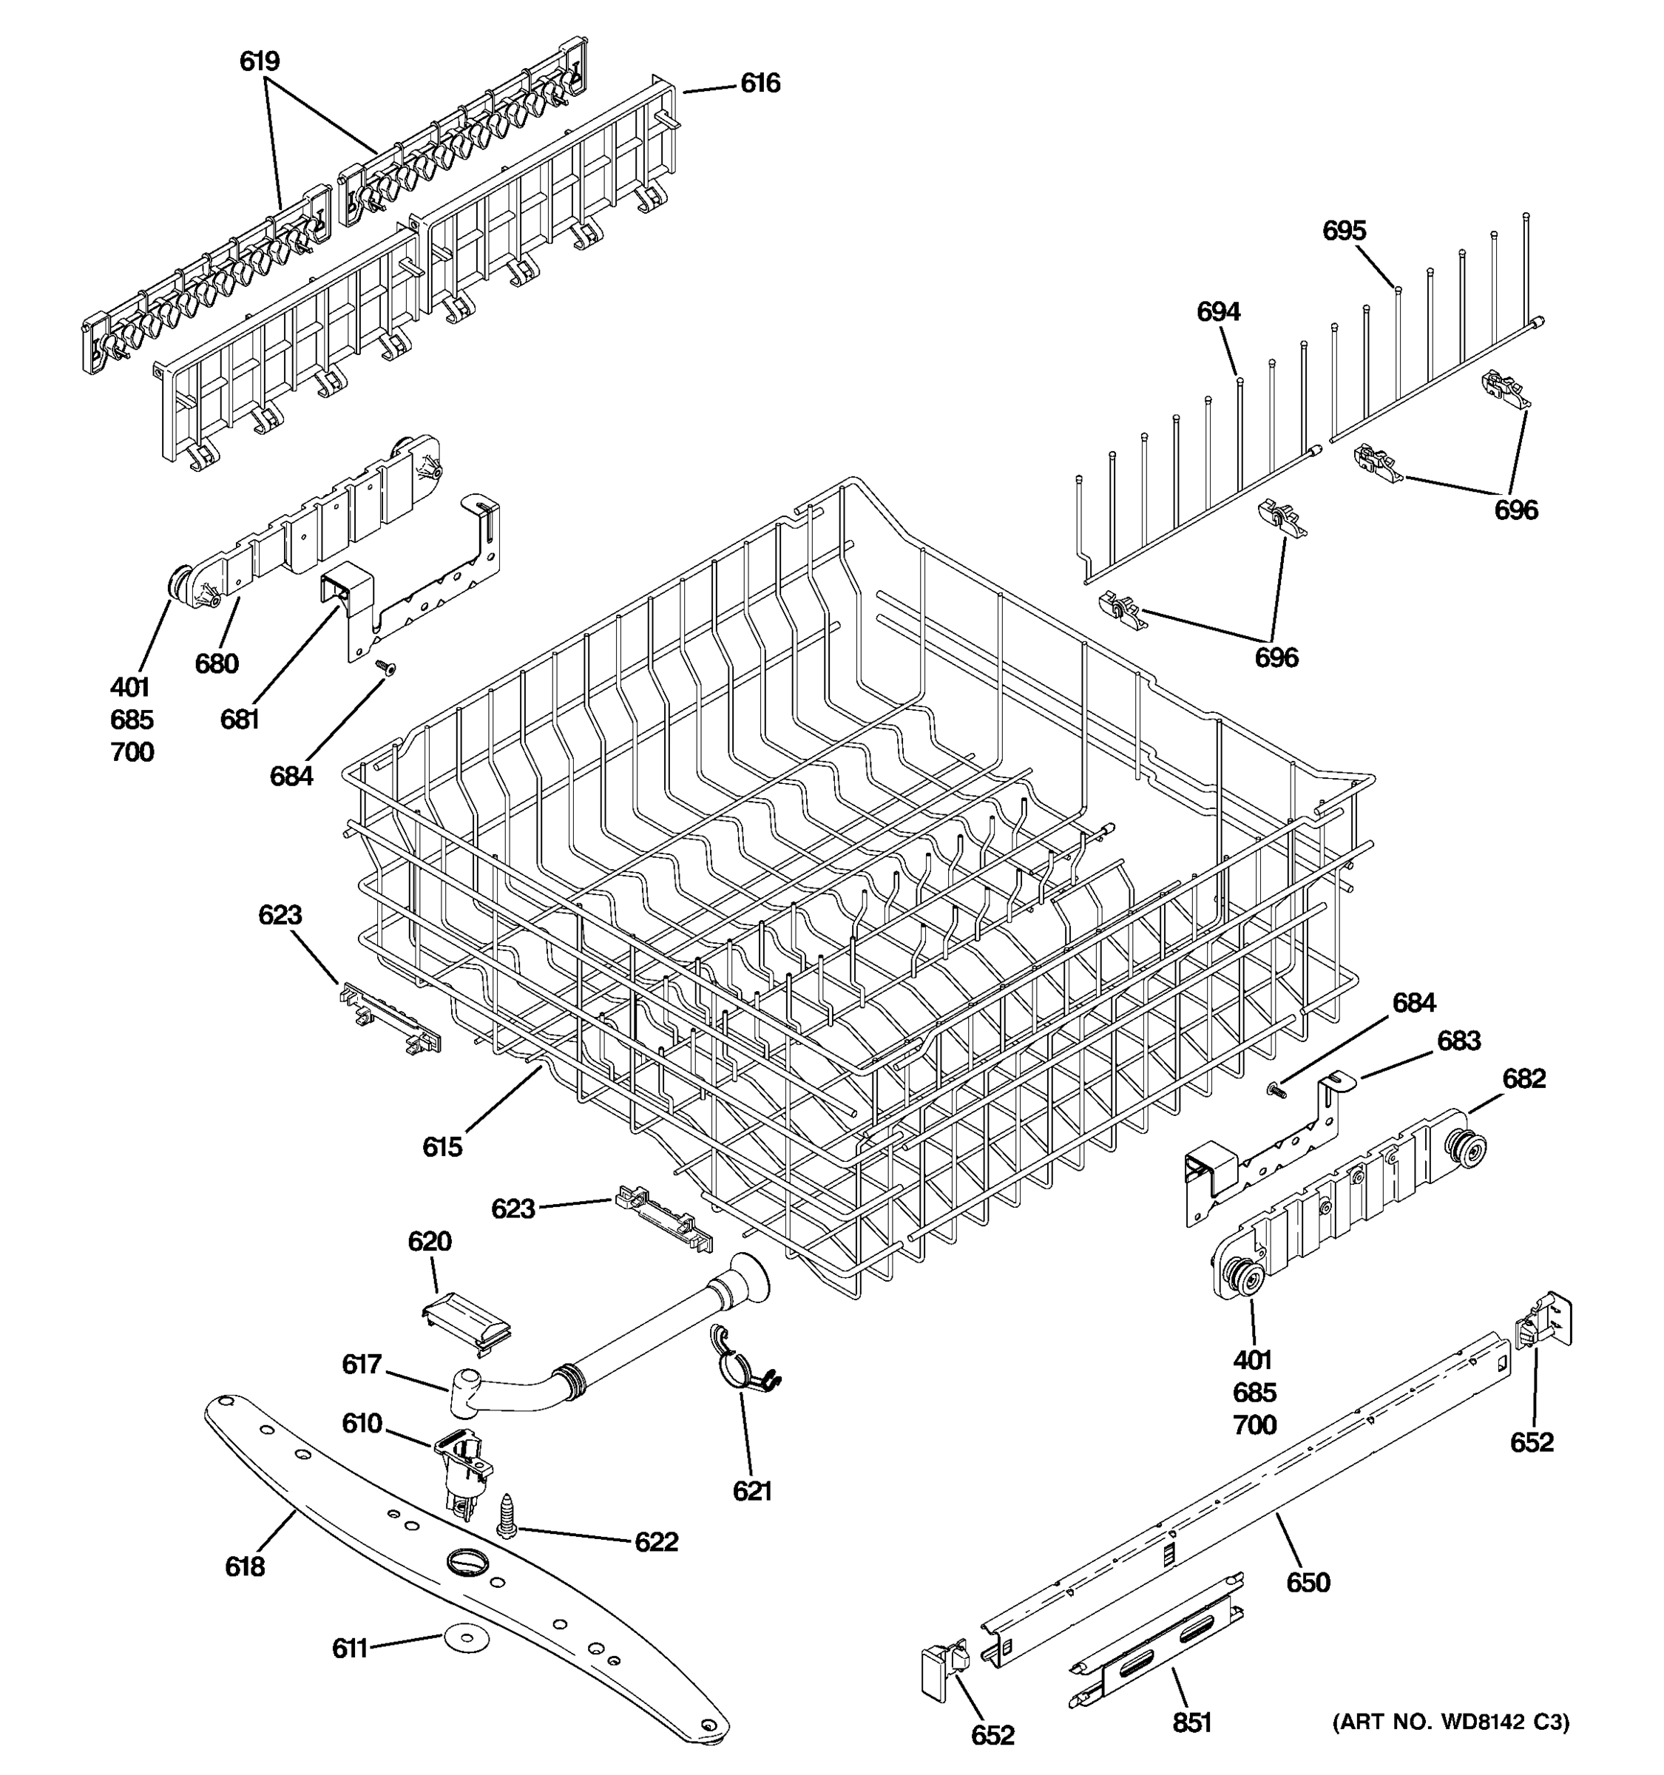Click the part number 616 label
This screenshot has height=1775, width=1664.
click(760, 83)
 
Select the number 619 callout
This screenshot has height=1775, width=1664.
click(259, 61)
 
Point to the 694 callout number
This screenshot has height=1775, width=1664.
click(1217, 311)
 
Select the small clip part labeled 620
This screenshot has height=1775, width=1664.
click(465, 1322)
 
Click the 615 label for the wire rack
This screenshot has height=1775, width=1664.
click(442, 1146)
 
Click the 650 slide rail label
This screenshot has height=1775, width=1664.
click(1308, 1582)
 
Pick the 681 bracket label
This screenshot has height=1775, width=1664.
click(239, 719)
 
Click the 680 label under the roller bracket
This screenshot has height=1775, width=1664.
click(217, 663)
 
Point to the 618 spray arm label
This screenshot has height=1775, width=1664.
click(245, 1566)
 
